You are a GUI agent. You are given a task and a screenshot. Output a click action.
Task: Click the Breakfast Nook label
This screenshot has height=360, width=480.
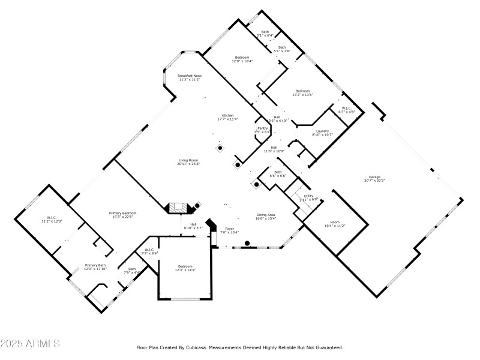point(189,76)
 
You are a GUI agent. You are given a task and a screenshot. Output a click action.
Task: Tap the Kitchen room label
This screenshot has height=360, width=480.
point(227,115)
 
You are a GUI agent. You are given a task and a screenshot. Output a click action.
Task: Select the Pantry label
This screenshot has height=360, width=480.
point(262,128)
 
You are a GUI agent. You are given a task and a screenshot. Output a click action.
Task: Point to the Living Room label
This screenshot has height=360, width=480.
point(188,160)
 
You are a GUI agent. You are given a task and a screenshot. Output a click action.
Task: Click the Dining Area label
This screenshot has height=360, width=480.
point(266,215)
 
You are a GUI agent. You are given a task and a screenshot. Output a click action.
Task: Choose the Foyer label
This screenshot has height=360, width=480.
point(230,229)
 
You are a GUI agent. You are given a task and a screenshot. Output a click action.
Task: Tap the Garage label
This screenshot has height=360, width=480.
point(374,177)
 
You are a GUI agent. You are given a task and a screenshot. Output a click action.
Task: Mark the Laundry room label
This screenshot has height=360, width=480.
point(322,131)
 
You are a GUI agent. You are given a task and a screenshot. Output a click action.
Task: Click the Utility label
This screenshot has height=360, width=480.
point(308,196)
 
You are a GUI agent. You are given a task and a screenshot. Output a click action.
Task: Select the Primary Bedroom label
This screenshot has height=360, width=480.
point(122,214)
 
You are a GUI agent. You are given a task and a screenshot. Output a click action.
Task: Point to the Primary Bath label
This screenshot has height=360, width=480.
point(95,265)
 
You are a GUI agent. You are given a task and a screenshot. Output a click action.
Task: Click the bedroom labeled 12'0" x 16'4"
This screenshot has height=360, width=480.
point(242,58)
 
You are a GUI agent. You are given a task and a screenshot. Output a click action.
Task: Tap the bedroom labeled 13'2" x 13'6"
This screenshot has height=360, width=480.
point(302,91)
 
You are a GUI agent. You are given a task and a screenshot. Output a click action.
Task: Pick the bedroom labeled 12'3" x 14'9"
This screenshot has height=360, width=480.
point(185,266)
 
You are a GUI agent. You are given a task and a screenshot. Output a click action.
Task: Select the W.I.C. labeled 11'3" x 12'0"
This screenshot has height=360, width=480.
point(51,218)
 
